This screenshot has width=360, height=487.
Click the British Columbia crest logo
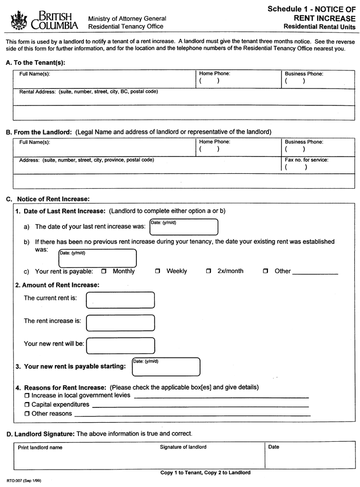[19, 20]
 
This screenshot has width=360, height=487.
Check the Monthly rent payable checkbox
[104, 271]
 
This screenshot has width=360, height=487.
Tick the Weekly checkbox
[158, 271]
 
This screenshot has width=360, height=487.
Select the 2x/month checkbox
[209, 271]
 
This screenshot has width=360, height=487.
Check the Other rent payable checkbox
[266, 271]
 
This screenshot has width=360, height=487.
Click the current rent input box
[120, 300]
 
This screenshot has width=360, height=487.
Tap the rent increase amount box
[120, 322]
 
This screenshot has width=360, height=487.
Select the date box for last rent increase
[184, 227]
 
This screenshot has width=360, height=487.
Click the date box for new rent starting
[166, 366]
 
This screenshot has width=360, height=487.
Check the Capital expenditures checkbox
[27, 405]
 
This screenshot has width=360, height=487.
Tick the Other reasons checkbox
[27, 413]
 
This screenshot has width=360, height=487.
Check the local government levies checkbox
[27, 396]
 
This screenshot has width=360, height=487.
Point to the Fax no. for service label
[307, 160]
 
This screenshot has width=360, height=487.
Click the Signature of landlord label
[183, 447]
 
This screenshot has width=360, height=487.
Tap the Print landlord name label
[40, 447]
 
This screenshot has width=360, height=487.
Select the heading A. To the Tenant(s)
[35, 63]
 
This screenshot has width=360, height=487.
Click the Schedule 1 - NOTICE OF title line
[311, 9]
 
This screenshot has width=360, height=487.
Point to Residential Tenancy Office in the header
[126, 26]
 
